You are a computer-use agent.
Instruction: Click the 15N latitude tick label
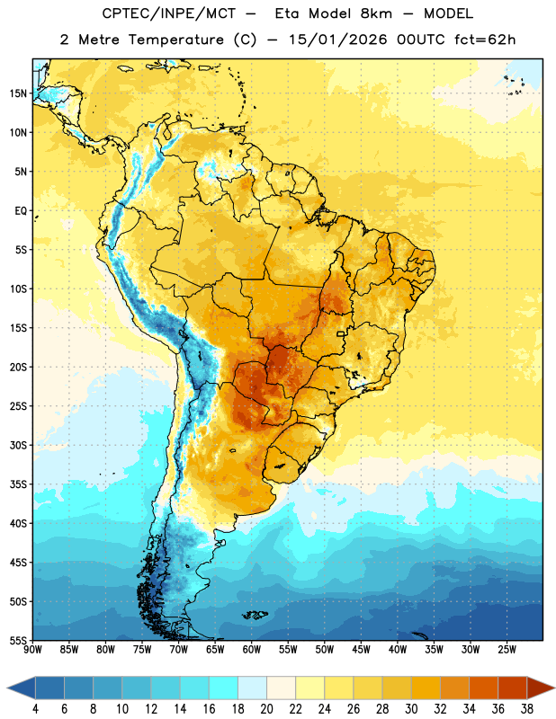click(18, 93)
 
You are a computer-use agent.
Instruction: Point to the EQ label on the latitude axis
click(21, 211)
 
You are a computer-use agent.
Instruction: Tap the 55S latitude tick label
click(18, 640)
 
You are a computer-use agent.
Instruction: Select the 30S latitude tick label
click(18, 445)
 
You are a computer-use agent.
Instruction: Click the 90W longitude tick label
click(32, 649)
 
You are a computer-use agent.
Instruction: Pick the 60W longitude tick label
click(252, 649)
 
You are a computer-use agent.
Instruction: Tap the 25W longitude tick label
click(507, 649)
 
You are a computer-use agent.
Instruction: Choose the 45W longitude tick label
click(361, 649)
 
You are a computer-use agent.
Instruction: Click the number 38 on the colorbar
click(527, 709)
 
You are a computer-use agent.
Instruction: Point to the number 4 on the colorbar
click(35, 709)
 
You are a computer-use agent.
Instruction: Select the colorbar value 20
click(266, 709)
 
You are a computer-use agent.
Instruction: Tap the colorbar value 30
click(411, 709)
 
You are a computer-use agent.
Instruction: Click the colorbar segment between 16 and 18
click(223, 688)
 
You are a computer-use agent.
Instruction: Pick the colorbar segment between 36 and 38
click(513, 688)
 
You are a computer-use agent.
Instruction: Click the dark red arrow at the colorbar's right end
click(541, 688)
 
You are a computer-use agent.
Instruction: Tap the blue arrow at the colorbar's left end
click(21, 688)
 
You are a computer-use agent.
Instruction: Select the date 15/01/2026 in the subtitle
click(338, 40)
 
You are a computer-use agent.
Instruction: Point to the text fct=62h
click(485, 40)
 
